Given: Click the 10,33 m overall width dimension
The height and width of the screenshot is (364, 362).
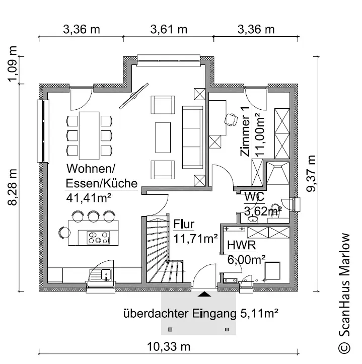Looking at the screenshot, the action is click(x=169, y=347).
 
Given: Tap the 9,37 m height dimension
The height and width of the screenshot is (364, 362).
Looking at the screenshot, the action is click(x=311, y=173).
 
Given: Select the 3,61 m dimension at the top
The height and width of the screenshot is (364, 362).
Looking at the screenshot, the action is click(x=169, y=30).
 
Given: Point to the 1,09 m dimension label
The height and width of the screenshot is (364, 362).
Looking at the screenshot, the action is click(x=12, y=64).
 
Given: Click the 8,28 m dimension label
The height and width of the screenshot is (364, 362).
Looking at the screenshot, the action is click(x=12, y=187).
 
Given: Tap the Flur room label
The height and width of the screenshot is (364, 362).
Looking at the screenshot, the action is click(x=184, y=224).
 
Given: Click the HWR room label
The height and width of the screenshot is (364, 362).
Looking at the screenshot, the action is click(x=242, y=245).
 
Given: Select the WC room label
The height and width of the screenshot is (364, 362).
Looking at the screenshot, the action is click(x=254, y=197).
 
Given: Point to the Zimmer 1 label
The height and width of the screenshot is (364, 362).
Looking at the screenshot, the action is click(x=245, y=131).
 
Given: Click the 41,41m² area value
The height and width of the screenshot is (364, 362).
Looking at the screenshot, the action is click(x=89, y=198).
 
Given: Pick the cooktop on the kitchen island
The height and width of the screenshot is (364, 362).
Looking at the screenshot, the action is click(x=98, y=238).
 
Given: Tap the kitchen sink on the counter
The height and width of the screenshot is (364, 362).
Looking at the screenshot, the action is click(x=100, y=275).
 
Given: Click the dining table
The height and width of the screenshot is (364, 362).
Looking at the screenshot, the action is click(x=89, y=135).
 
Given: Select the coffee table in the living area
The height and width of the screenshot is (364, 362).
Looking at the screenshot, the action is click(x=163, y=137).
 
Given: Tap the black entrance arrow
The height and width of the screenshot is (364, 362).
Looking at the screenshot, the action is click(x=204, y=295).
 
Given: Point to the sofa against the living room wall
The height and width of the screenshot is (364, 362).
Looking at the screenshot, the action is click(x=192, y=137).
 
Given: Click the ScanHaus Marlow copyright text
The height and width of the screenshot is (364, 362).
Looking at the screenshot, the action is click(x=344, y=294).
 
